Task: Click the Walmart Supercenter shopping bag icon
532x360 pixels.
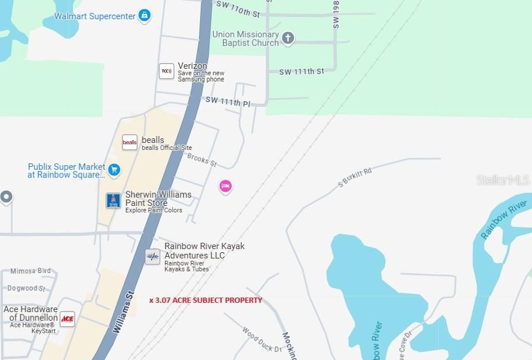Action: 144,16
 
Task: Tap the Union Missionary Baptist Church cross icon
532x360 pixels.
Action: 287,39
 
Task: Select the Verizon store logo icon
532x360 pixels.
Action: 166,71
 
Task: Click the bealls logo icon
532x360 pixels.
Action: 129,142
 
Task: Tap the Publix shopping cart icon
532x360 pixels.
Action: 114,170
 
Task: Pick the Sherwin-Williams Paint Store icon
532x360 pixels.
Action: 113,201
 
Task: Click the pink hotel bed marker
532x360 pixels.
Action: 226,186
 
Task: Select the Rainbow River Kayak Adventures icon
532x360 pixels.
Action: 152,256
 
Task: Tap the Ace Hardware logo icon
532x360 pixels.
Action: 68,319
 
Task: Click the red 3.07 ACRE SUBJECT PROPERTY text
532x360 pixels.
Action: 206,300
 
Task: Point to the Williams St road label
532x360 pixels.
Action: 123,312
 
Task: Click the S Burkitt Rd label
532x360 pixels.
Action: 355,177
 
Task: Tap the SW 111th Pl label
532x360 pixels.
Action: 228,102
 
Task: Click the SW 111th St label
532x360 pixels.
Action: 301,71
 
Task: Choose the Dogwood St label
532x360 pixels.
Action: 26,288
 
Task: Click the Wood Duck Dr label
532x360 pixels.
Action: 262,340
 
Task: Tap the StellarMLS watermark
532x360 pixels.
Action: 503,180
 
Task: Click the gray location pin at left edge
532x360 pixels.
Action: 6,197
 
